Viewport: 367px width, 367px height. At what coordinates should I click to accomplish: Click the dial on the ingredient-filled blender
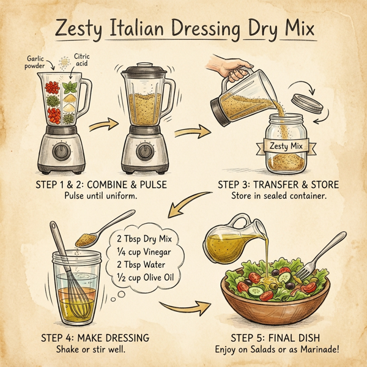click(62, 151)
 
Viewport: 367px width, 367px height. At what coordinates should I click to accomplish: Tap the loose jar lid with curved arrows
click(307, 102)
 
